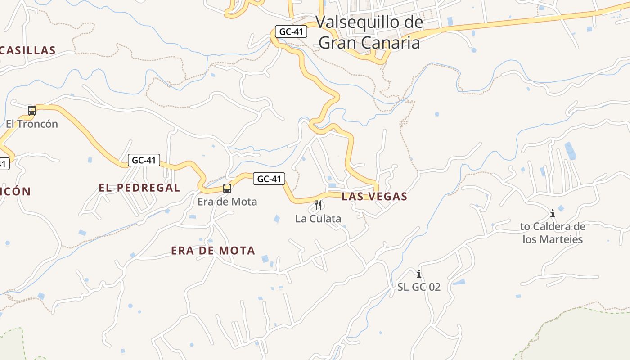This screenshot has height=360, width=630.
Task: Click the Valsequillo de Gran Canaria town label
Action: click(x=369, y=32)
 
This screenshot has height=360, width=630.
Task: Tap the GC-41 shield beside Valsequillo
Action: click(x=291, y=31)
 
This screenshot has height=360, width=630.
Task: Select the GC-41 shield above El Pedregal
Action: click(x=144, y=160)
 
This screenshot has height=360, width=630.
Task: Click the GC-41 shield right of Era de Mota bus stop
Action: click(x=269, y=179)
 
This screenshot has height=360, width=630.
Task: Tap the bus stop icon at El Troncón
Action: click(x=32, y=110)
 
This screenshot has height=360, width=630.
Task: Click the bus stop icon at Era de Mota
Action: click(x=227, y=189)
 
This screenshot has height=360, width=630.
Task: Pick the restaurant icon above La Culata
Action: click(x=318, y=205)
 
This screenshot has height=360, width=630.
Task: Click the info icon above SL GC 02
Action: click(x=419, y=273)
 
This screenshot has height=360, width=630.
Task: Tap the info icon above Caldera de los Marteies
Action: click(x=553, y=213)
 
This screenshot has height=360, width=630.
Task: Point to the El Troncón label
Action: click(x=32, y=124)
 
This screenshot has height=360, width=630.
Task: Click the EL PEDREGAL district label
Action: click(x=139, y=188)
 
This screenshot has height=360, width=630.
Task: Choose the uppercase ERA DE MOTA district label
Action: click(x=213, y=251)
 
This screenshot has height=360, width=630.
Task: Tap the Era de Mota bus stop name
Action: click(x=227, y=202)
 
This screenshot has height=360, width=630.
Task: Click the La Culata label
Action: click(x=318, y=219)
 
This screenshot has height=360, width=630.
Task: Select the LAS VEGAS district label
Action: click(x=374, y=196)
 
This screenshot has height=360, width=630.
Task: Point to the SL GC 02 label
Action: click(x=419, y=287)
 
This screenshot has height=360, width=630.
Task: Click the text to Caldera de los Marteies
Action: click(x=553, y=233)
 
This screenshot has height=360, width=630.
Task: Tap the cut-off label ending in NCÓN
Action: click(x=15, y=191)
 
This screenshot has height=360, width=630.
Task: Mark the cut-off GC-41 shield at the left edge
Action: click(x=4, y=164)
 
